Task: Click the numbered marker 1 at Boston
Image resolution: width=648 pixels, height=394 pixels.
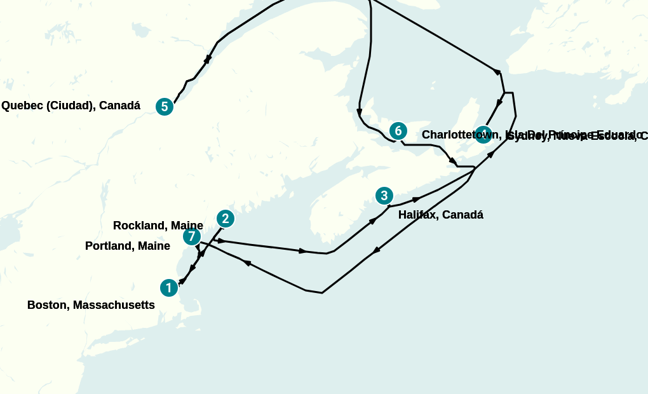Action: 168,288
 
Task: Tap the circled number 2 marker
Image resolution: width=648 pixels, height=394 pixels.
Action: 225,219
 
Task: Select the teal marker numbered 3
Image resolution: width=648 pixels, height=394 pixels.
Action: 384,196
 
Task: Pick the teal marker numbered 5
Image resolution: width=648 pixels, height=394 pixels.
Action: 165,107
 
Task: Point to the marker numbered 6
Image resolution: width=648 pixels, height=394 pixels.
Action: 398,131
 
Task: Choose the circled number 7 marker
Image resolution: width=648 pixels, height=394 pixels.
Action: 192,236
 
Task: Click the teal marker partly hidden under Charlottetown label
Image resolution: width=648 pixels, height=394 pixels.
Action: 483,134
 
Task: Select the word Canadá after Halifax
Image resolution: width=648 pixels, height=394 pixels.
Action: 462,215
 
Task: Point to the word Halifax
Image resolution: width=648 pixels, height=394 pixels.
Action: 418,215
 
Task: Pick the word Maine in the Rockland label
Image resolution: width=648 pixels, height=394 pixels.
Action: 187,226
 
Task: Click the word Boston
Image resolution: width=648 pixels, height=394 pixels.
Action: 48,305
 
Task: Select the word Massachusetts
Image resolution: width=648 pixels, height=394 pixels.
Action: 114,305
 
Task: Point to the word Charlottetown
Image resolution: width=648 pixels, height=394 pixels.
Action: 461,135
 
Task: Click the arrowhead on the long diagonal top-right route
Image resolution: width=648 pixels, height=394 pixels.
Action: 497,71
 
